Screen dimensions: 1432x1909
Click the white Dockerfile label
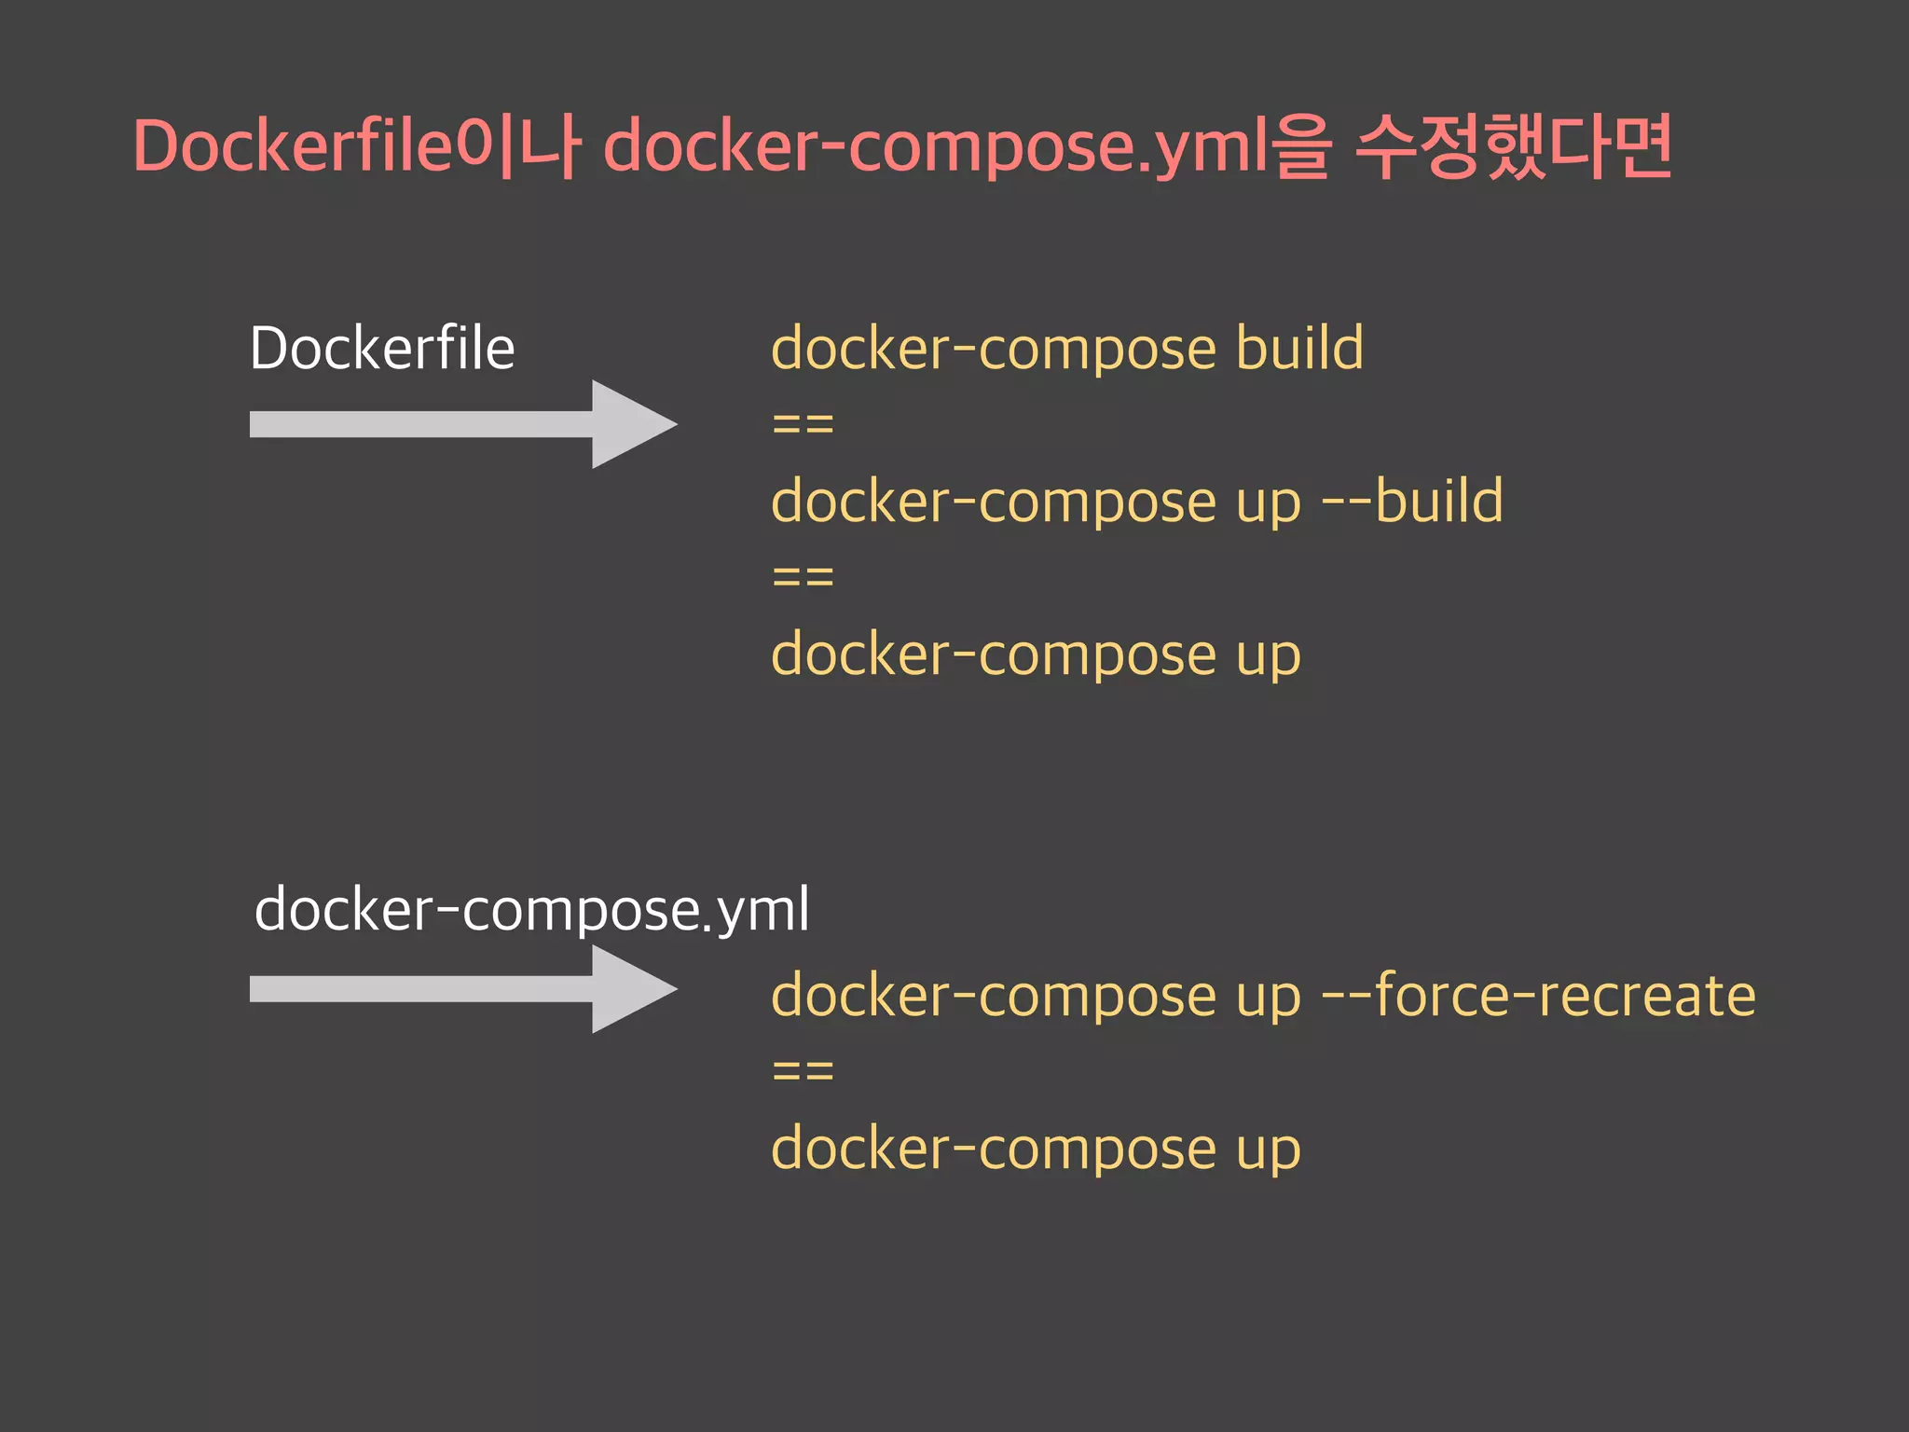(x=382, y=349)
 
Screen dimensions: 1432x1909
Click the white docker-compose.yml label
(x=531, y=909)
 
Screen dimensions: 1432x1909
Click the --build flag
(x=1412, y=502)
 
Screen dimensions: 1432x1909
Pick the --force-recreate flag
(x=1538, y=996)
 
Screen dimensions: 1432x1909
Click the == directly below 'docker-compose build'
(x=803, y=425)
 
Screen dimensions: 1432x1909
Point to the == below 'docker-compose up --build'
(x=803, y=578)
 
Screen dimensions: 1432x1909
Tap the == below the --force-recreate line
(x=803, y=1071)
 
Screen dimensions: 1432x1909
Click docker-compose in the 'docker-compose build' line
(x=994, y=349)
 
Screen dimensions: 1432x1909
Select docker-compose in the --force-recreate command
(x=994, y=996)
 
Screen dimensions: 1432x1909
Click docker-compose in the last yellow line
(x=994, y=1149)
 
